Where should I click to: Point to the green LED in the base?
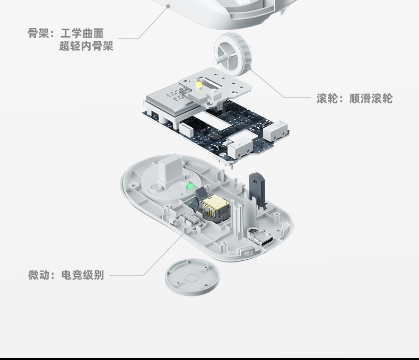click(189, 186)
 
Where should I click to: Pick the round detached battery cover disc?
click(191, 276)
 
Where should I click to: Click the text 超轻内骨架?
click(86, 47)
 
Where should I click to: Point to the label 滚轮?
click(327, 99)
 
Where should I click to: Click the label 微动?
click(38, 275)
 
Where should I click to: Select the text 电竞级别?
click(82, 275)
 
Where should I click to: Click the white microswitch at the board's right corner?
click(276, 130)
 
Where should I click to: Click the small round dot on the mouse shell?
click(168, 6)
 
